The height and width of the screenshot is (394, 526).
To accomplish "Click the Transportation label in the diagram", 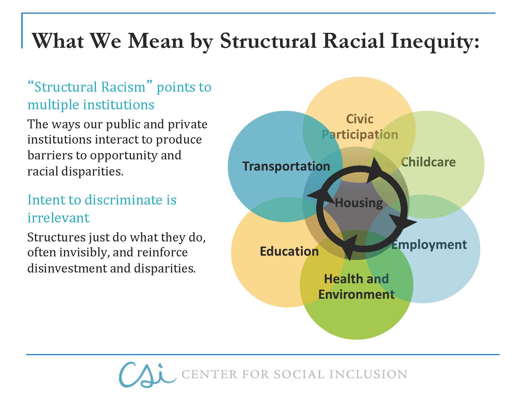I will [286, 166].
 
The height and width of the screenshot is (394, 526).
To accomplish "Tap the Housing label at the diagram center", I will [359, 203].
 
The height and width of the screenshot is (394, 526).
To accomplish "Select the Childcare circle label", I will [428, 162].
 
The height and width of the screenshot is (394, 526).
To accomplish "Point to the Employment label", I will [429, 245].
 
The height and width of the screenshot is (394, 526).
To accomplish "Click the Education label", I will [289, 251].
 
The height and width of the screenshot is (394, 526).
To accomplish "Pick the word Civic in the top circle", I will [360, 119].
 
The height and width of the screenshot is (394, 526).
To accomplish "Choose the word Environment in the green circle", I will [356, 295].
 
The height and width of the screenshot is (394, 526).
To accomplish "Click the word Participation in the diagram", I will [360, 135].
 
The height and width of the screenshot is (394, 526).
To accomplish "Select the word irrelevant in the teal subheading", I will [58, 218].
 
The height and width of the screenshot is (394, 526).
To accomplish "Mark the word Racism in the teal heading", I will [123, 87].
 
